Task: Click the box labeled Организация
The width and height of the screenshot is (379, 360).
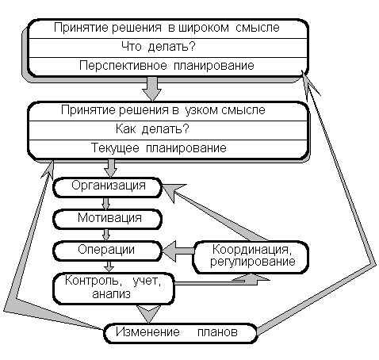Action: point(107,187)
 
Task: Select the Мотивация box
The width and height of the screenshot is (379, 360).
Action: point(107,219)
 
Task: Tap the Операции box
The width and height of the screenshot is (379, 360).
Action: point(107,251)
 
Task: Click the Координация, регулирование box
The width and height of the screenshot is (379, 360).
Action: point(251,257)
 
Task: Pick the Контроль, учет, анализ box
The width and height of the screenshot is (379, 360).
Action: point(113,289)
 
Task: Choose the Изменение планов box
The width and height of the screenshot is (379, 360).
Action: point(180,333)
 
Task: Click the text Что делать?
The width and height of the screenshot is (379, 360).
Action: point(159,47)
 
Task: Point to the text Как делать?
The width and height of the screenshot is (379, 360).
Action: point(152,129)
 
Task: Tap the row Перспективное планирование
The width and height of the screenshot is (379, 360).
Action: point(167,66)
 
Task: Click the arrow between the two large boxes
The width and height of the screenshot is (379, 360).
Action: point(151,89)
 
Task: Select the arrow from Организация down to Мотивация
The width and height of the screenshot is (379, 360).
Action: point(106,203)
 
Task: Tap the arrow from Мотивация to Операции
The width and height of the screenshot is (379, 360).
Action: point(106,235)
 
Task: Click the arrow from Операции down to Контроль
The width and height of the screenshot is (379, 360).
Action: point(109,266)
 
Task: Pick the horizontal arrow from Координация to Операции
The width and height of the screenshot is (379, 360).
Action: point(178,251)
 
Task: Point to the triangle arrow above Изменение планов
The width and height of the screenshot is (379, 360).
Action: point(148,313)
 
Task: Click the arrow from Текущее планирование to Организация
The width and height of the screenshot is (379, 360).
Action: point(110,168)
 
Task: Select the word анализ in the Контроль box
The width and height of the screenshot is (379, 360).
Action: point(111,294)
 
